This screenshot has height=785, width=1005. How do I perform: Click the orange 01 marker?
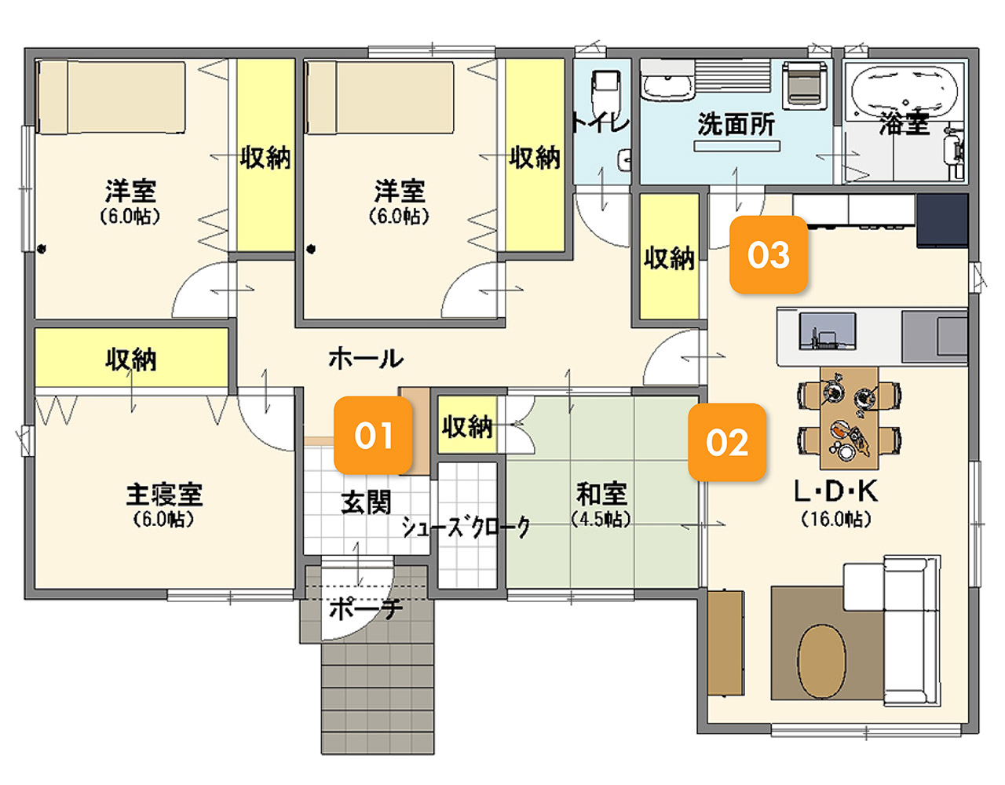click(x=373, y=435)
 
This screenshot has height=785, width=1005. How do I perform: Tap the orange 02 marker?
click(x=727, y=442)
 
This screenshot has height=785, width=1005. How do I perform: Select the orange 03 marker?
click(x=769, y=254)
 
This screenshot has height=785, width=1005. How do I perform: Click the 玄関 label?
click(x=366, y=503)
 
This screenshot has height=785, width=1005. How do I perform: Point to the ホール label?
click(x=366, y=359)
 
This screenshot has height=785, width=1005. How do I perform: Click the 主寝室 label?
click(x=165, y=494)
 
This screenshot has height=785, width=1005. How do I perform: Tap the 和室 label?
click(x=601, y=494)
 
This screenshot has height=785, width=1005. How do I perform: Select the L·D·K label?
click(x=835, y=491)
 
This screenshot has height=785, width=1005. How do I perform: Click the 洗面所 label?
click(x=736, y=124)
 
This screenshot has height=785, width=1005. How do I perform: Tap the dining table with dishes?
click(x=849, y=418)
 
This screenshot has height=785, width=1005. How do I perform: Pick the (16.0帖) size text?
click(x=836, y=520)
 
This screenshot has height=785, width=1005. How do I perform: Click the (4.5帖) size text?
click(x=601, y=520)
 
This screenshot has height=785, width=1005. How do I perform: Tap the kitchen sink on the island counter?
click(x=828, y=331)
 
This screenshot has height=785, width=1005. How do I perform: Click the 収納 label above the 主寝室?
click(x=131, y=360)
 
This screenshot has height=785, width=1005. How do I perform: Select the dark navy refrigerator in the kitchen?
click(x=942, y=221)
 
